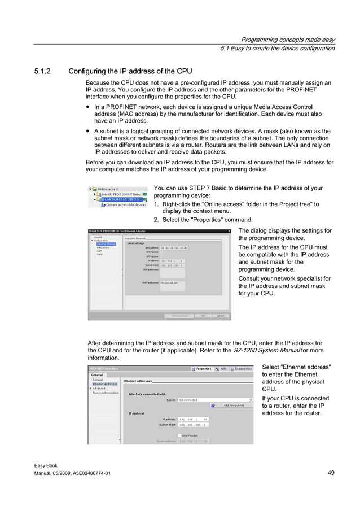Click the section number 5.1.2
[42, 71]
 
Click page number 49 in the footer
[331, 473]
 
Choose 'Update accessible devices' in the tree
[126, 204]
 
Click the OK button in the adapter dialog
[203, 316]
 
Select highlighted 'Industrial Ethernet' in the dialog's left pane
[106, 243]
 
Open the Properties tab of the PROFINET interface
[201, 368]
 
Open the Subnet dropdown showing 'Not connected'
[214, 400]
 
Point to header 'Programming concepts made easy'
[287, 40]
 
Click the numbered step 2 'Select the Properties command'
[203, 220]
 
